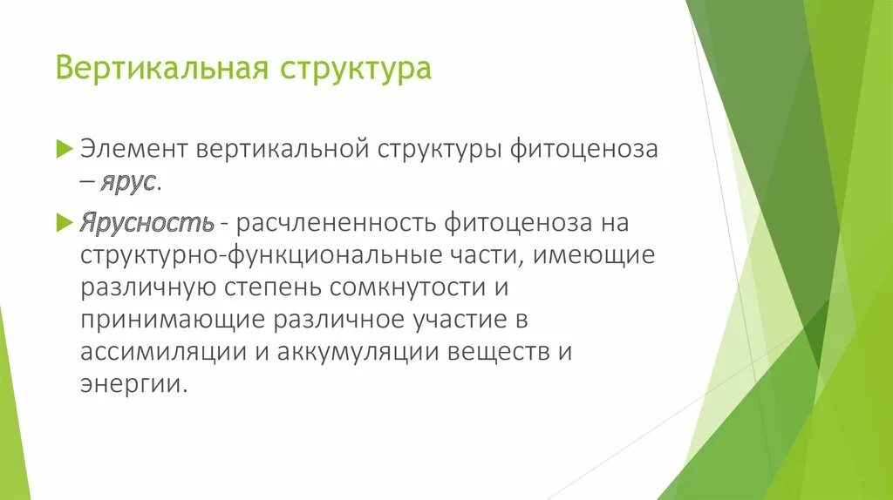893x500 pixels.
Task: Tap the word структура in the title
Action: pos(356,68)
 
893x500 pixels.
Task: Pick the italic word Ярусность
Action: pos(147,223)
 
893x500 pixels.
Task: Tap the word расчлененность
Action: pos(333,223)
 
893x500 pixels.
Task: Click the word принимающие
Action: pos(172,320)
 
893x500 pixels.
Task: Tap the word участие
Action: pos(455,320)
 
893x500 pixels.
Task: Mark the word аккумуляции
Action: pos(349,352)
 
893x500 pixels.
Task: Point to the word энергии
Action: pos(133,384)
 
